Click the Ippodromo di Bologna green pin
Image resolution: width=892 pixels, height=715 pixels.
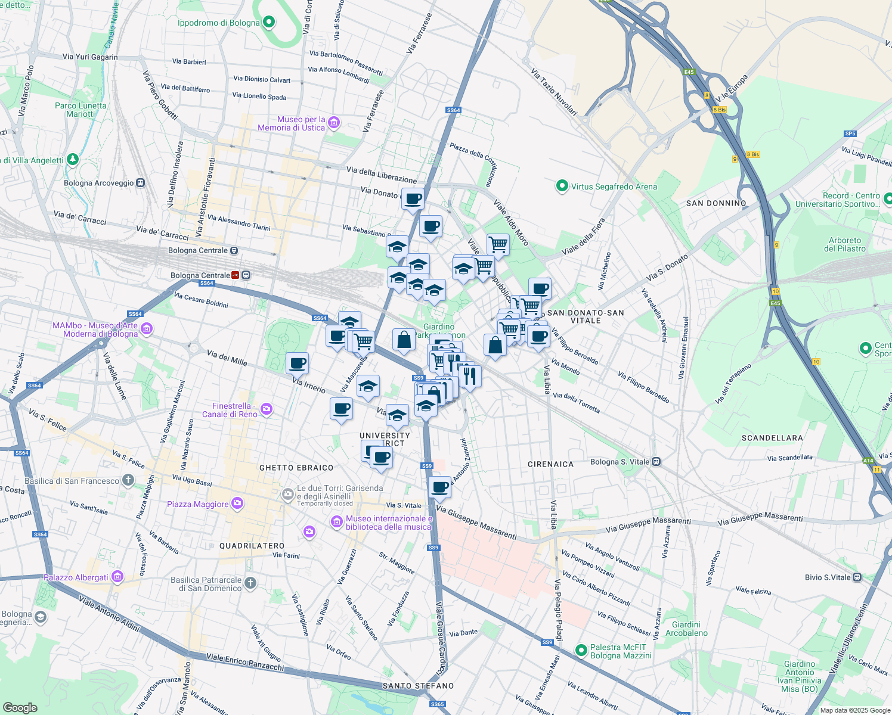(x=268, y=23)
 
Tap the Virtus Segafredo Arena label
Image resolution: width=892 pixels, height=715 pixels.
(x=614, y=186)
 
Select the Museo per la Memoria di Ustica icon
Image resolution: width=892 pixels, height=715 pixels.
(x=334, y=123)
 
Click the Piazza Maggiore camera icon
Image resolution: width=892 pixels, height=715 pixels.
(x=237, y=504)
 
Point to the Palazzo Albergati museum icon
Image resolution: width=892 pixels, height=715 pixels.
(x=117, y=577)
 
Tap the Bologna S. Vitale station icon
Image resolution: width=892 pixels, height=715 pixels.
(x=656, y=462)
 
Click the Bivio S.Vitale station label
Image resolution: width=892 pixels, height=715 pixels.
(x=828, y=577)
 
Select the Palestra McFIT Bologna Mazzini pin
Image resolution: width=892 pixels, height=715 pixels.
(x=581, y=650)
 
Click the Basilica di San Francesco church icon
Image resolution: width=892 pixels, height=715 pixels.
(x=128, y=480)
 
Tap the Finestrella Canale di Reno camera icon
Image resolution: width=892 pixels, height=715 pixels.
(x=267, y=409)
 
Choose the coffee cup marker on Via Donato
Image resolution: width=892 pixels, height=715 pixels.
(x=413, y=199)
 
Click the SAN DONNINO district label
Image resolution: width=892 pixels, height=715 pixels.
(x=716, y=203)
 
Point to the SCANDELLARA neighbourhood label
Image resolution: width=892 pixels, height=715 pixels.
(x=772, y=438)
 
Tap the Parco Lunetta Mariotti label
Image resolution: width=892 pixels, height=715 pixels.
(x=80, y=110)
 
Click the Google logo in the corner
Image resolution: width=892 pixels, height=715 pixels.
(x=20, y=707)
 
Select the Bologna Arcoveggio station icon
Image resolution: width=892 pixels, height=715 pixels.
(x=141, y=183)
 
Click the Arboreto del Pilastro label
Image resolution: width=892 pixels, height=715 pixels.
(x=844, y=244)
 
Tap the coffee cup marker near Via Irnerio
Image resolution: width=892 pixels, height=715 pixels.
(x=297, y=363)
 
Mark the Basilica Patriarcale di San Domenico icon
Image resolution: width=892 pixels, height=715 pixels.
(x=250, y=583)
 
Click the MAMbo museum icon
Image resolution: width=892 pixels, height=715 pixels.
(x=147, y=329)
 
